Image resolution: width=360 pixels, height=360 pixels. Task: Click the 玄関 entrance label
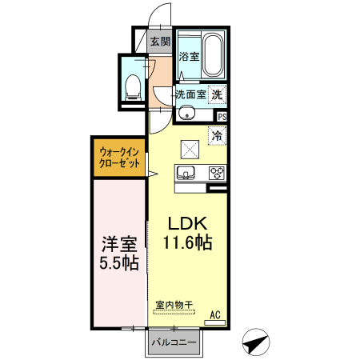160,42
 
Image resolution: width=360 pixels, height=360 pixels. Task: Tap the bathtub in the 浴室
213,55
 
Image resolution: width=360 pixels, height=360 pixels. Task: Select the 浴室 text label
189,56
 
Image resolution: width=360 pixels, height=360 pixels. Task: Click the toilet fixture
133,87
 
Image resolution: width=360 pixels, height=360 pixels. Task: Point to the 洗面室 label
191,94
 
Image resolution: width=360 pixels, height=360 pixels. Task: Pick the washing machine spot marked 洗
217,94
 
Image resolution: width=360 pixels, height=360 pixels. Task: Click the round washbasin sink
186,114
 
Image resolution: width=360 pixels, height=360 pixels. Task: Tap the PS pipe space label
222,117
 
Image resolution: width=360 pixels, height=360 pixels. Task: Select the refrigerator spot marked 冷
217,136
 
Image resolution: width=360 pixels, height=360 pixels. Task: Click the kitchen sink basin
186,172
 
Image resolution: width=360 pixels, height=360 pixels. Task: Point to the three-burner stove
217,173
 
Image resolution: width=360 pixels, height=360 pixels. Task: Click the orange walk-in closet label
119,158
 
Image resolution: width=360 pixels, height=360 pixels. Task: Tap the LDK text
187,223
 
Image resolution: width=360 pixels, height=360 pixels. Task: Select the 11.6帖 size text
187,242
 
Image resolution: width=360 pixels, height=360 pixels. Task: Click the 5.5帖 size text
119,262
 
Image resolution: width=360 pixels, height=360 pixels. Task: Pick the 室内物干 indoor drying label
174,305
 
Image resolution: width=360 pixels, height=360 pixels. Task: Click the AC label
215,315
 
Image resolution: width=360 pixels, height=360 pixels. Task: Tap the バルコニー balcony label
174,342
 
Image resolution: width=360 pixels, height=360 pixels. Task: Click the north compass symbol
256,342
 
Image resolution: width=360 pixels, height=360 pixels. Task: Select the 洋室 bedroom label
119,244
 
